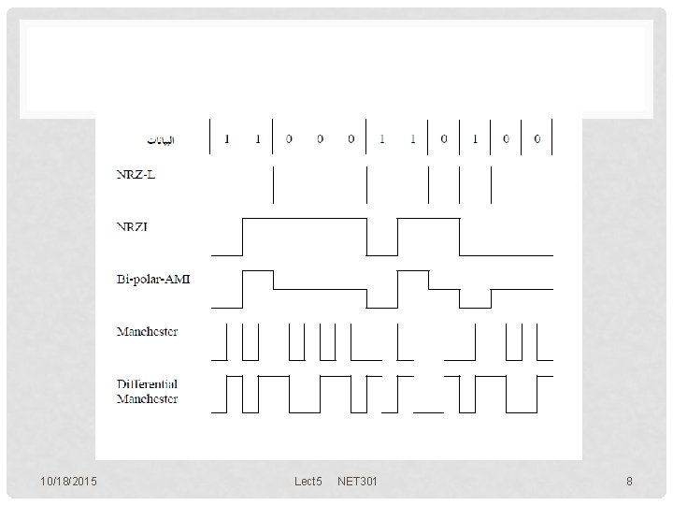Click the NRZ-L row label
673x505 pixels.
(136, 175)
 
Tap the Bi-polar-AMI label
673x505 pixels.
(152, 280)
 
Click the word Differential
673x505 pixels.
(147, 384)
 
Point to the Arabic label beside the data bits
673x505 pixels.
(163, 140)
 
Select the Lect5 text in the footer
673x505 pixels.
(308, 482)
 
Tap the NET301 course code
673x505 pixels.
(358, 482)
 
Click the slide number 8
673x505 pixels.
(629, 482)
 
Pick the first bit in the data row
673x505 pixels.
(226, 139)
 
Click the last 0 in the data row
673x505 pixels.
(537, 139)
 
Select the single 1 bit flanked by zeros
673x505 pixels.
(475, 139)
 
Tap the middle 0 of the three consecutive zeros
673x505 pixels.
(320, 139)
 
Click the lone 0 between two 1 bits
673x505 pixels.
(444, 139)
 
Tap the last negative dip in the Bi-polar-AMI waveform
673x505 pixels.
(475, 302)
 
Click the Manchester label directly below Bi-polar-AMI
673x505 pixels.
(147, 332)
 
